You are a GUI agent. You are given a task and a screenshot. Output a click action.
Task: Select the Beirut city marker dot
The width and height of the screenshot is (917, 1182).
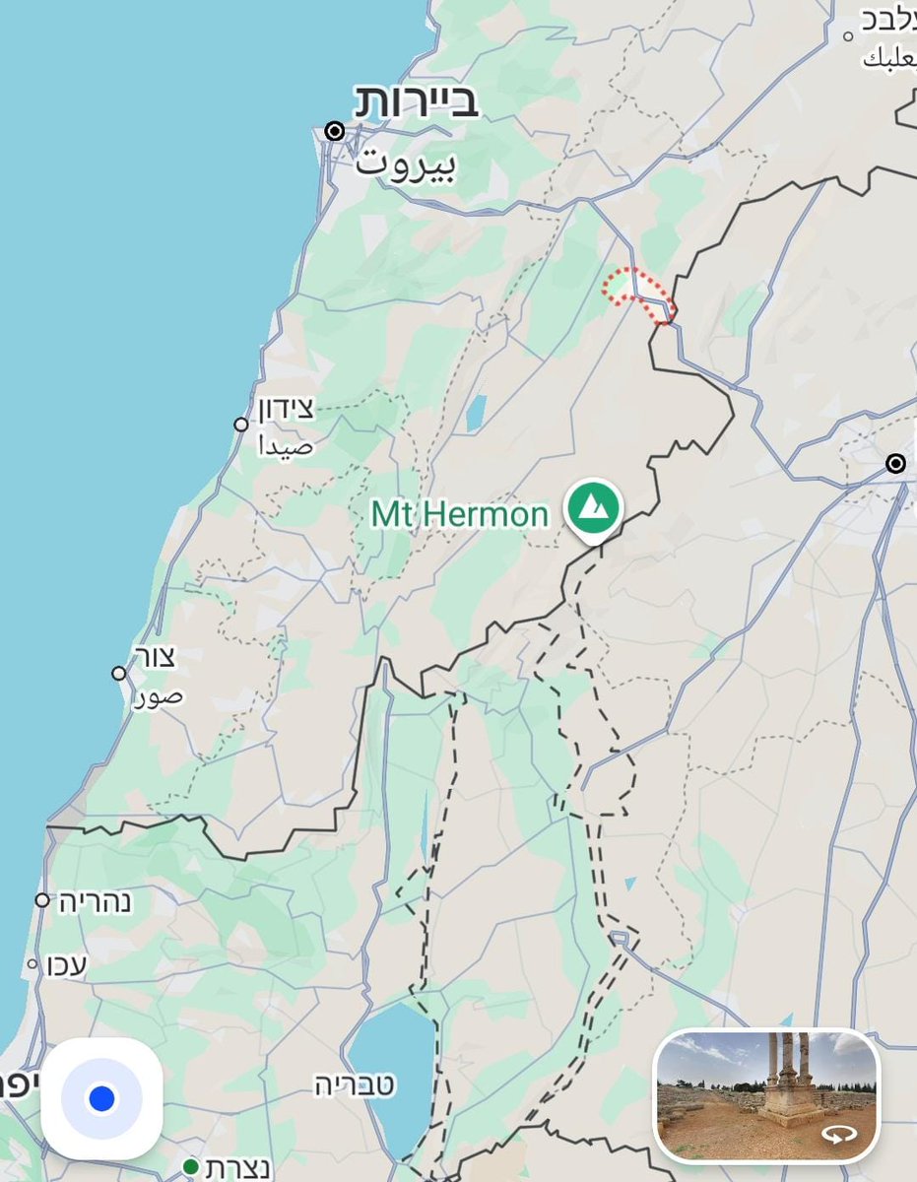coord(336,131)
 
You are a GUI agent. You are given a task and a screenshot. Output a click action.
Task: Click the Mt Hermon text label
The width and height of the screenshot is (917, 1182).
coord(459,514)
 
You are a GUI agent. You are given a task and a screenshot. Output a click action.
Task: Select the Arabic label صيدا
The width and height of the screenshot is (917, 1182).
coord(286,446)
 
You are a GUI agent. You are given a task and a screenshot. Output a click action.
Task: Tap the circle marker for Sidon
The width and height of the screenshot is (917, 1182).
coord(241,425)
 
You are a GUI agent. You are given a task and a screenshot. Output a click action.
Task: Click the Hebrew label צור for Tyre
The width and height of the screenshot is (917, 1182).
coord(159,658)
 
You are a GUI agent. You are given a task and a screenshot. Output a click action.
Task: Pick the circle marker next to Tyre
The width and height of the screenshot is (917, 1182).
coord(119,673)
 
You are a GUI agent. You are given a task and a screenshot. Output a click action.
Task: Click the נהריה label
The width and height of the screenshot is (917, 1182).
coord(95,901)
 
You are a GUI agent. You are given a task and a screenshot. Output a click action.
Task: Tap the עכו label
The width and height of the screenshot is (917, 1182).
coord(67,965)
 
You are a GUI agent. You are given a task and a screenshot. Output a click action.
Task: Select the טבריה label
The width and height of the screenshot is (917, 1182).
coord(355,1085)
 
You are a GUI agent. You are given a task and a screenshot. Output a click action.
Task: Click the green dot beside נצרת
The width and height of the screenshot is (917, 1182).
coord(191,1167)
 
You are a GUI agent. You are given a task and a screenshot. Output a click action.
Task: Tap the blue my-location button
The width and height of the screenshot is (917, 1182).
coord(101,1098)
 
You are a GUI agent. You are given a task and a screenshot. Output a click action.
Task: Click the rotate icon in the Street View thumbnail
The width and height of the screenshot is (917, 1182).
coord(839,1135)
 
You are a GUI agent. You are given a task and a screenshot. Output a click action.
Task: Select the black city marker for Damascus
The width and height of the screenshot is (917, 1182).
coord(895,463)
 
